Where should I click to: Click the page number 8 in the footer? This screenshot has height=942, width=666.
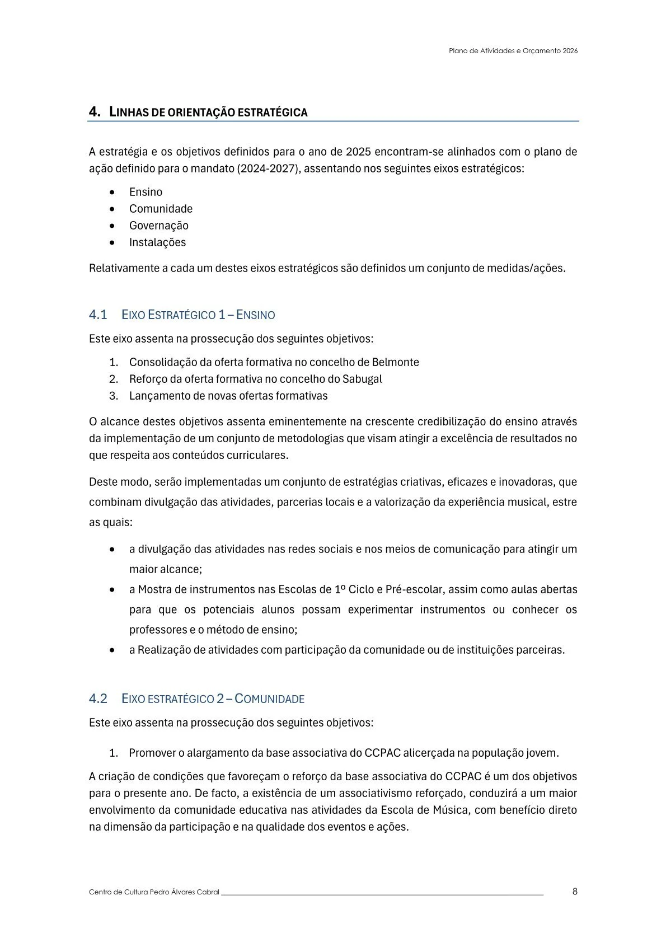click(575, 892)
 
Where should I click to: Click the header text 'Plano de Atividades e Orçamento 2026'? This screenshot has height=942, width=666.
click(513, 50)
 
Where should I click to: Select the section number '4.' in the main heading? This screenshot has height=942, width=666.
click(95, 112)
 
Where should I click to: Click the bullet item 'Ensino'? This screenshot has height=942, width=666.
click(146, 192)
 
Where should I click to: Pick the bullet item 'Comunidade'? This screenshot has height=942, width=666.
click(161, 209)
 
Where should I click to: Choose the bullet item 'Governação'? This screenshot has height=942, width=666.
click(158, 226)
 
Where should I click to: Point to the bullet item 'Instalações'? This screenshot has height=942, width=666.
click(157, 242)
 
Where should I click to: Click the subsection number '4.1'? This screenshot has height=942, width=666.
click(98, 315)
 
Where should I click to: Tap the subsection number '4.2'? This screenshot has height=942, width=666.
click(98, 699)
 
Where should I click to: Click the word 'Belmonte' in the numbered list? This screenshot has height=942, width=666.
click(395, 362)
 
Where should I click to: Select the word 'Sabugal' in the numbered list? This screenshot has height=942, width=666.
click(362, 379)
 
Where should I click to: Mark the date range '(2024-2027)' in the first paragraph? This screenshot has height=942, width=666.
click(268, 168)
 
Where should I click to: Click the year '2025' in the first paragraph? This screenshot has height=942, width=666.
click(358, 152)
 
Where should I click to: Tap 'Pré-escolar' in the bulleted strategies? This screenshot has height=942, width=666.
click(415, 589)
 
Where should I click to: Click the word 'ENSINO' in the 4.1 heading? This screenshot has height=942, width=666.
click(256, 315)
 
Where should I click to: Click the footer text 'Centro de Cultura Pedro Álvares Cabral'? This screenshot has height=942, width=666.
click(154, 892)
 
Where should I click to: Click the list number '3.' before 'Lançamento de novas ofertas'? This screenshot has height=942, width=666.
click(114, 396)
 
